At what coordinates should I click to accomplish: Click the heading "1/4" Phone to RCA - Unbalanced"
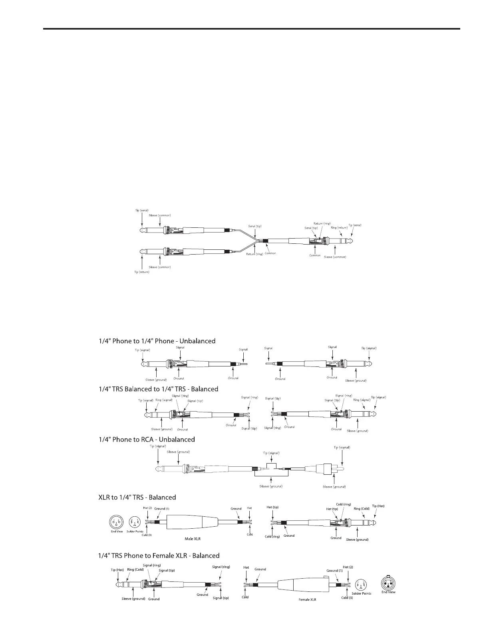point(147,440)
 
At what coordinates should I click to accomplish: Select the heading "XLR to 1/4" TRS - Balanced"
point(137,498)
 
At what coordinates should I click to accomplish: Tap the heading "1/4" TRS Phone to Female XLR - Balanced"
point(159,555)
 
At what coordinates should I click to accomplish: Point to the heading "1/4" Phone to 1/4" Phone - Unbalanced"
point(157,341)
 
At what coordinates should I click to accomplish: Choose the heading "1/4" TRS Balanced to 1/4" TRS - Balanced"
point(158,389)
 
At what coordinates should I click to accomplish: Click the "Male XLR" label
point(193,539)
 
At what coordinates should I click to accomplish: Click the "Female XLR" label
point(308,599)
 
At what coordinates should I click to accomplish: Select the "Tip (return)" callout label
point(141,273)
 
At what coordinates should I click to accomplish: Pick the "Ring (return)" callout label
point(339,228)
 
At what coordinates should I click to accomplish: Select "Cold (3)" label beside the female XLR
point(347,598)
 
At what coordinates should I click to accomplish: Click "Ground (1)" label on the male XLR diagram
point(162,509)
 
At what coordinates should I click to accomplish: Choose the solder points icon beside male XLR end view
point(134,522)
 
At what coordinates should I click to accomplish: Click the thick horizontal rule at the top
point(252,29)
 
